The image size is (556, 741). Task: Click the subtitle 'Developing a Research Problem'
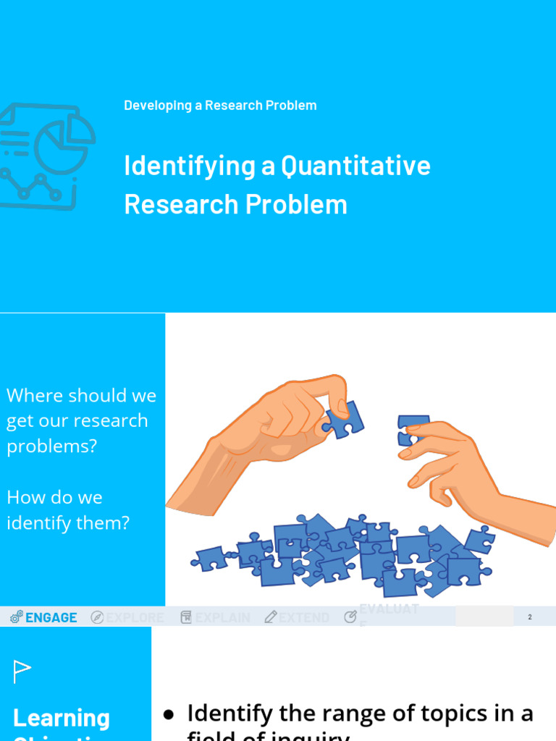220,106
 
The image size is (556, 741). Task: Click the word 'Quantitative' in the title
355,166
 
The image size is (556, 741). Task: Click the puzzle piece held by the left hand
344,420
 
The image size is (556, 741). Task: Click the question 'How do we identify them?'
68,509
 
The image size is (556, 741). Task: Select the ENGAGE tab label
51,617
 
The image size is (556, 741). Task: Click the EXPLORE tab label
135,617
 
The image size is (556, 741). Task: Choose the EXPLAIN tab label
222,617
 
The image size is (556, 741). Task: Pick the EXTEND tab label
304,617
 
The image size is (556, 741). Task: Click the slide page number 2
530,617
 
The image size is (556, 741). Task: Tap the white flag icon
22,672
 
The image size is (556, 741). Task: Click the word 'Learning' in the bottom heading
62,718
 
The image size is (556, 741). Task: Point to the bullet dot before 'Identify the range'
169,715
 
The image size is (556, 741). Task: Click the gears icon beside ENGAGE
17,617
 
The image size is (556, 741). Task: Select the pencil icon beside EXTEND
271,617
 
